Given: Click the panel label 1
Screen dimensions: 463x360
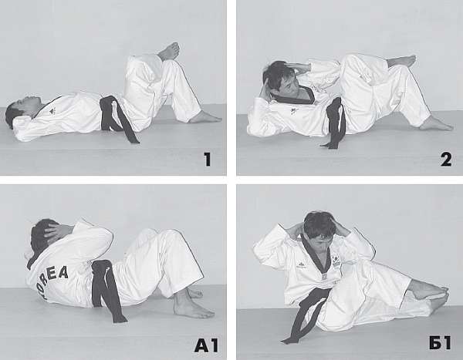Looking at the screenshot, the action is [x=208, y=159].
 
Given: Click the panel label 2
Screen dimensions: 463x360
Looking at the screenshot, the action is [x=446, y=160].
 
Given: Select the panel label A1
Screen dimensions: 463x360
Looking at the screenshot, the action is [x=206, y=345].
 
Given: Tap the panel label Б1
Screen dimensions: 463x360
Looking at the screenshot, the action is [x=440, y=343].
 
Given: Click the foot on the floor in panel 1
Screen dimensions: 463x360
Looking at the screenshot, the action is [x=205, y=118].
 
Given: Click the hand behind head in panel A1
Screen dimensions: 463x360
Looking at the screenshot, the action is [x=56, y=232].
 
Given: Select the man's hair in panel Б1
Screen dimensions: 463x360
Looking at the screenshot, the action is [x=319, y=224].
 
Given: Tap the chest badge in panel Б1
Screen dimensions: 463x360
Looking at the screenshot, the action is [x=336, y=261].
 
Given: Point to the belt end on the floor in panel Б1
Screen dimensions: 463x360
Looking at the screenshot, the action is [x=291, y=340].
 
